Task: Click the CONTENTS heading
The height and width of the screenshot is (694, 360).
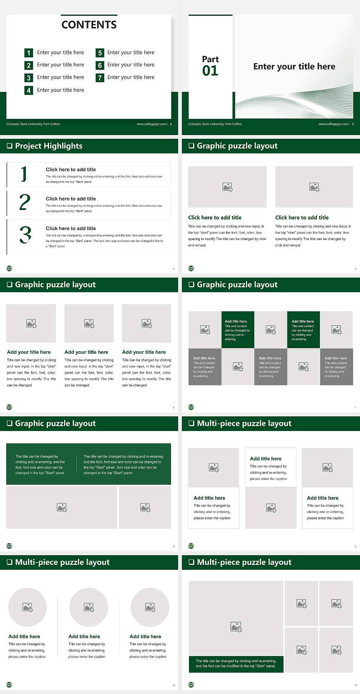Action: (x=89, y=25)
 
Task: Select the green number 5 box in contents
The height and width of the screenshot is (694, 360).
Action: (x=100, y=53)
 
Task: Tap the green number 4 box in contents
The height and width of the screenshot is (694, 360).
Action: (x=28, y=90)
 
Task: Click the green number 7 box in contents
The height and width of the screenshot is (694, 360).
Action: (x=100, y=78)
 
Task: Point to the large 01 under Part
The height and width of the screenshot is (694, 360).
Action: (x=210, y=71)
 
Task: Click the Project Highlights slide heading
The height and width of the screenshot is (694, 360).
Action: (x=49, y=146)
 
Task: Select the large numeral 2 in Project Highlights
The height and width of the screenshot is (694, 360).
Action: (x=25, y=202)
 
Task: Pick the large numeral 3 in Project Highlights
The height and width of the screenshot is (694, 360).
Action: (x=25, y=235)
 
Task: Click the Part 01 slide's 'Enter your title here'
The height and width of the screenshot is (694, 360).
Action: (x=294, y=66)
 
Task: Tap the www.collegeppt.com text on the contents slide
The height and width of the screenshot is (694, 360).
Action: (x=151, y=124)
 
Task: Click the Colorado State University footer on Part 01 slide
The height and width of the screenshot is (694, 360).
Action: (x=215, y=124)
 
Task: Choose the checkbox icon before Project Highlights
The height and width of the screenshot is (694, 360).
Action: (x=10, y=146)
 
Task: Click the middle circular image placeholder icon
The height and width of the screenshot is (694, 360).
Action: (x=89, y=607)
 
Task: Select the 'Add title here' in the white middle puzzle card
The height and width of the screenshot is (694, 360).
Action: (x=265, y=458)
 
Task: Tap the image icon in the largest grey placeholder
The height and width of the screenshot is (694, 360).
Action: (x=236, y=626)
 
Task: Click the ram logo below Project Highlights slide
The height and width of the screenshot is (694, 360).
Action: (x=9, y=268)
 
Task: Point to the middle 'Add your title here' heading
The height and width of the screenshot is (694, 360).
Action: (x=86, y=352)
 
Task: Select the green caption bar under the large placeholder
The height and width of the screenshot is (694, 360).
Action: (x=236, y=664)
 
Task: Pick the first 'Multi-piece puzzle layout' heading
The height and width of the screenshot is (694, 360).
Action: (x=244, y=424)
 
